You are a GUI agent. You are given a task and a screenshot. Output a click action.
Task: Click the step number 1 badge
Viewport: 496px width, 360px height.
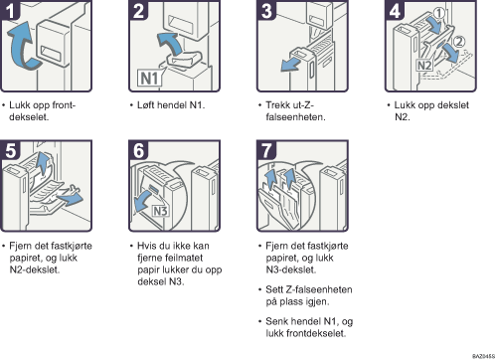[x=10, y=10]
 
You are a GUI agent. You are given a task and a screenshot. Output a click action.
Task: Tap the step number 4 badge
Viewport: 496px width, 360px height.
[x=395, y=10]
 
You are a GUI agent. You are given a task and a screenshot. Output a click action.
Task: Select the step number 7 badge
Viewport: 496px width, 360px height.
[x=266, y=150]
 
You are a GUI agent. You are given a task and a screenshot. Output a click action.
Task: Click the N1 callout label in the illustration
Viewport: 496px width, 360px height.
[x=150, y=79]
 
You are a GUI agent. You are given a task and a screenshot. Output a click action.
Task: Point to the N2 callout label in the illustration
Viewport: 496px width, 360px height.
[x=424, y=65]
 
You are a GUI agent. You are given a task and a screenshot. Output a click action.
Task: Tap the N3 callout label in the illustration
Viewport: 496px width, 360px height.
[x=160, y=211]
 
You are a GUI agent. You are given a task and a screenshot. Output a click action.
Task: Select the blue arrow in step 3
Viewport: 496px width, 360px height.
[x=290, y=64]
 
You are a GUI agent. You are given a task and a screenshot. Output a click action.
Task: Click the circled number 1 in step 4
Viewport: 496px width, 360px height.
[x=439, y=13]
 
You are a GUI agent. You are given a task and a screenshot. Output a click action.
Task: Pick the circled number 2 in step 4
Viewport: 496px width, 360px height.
[x=459, y=42]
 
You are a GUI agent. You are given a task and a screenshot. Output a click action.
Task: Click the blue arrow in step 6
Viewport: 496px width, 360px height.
[x=143, y=201]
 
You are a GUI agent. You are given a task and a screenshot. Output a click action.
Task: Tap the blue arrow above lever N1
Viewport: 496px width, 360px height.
[x=170, y=43]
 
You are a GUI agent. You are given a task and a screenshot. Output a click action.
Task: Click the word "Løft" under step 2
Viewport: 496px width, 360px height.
[x=145, y=105]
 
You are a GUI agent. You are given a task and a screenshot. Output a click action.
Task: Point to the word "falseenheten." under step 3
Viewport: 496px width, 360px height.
[x=295, y=117]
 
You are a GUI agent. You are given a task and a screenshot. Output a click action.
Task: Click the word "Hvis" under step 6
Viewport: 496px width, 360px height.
[x=147, y=246]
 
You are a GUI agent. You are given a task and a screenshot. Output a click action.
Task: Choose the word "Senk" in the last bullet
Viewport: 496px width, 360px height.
[x=276, y=321]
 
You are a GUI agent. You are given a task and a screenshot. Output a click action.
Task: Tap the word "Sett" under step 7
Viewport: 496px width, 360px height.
[x=274, y=289]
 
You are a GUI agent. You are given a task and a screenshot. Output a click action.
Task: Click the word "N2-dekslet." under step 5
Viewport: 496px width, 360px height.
[x=35, y=270]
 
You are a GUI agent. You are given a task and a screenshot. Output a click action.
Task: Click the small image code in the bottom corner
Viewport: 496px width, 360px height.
[x=483, y=356]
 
